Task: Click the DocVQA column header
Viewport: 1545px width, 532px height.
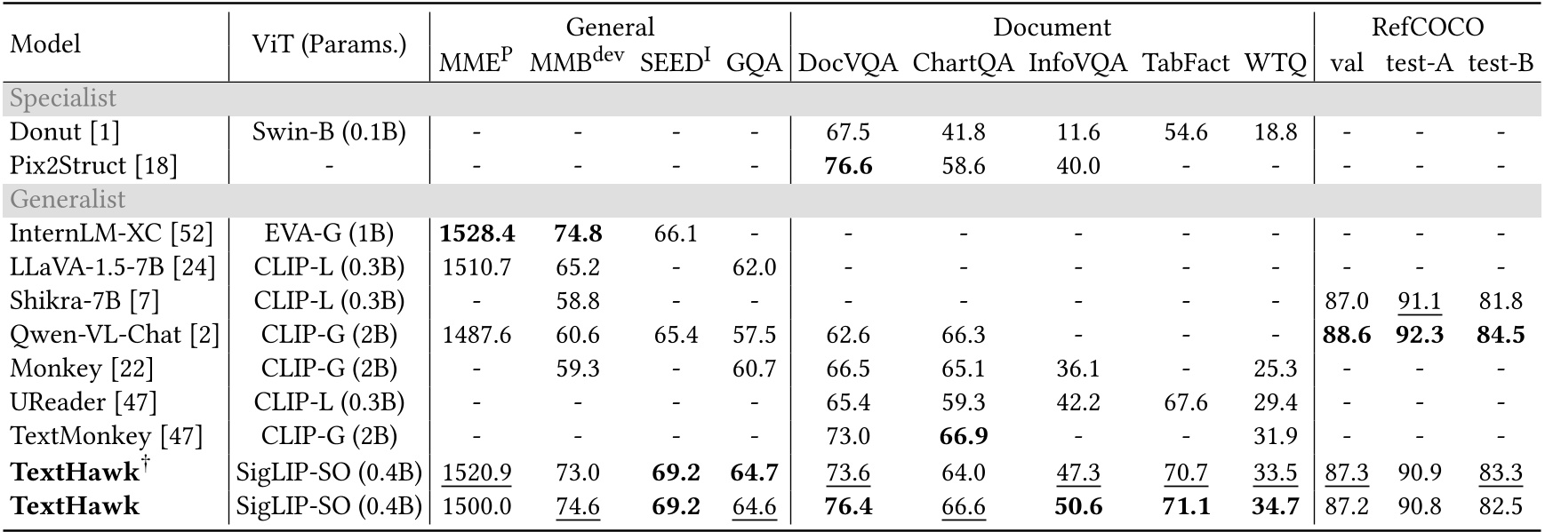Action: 848,63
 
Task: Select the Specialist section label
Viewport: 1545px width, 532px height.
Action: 63,98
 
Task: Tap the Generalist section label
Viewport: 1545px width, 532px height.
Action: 68,199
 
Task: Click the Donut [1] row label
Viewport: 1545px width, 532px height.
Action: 65,131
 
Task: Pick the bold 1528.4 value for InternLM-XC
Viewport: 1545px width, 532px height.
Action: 476,234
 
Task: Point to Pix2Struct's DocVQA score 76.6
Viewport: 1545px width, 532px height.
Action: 848,165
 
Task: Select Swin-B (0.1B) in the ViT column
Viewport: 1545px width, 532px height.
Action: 330,131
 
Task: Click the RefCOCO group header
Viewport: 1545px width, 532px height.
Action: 1427,27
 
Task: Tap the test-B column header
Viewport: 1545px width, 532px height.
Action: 1501,63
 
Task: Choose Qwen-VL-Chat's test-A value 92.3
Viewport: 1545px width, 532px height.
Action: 1419,335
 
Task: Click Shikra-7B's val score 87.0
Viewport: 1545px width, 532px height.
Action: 1346,301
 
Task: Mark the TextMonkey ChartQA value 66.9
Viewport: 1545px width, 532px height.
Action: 963,436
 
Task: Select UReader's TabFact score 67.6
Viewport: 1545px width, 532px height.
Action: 1185,402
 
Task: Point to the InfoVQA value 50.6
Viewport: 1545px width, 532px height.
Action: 1077,505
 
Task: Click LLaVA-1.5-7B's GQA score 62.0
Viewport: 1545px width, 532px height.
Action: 754,267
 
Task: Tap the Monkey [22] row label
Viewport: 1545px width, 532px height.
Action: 82,369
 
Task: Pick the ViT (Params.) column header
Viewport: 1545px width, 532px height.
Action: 330,44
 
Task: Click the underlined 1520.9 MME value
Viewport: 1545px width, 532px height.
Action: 476,472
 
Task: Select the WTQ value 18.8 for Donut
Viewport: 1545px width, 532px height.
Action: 1276,131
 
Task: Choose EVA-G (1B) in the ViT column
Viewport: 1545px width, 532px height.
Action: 330,234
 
